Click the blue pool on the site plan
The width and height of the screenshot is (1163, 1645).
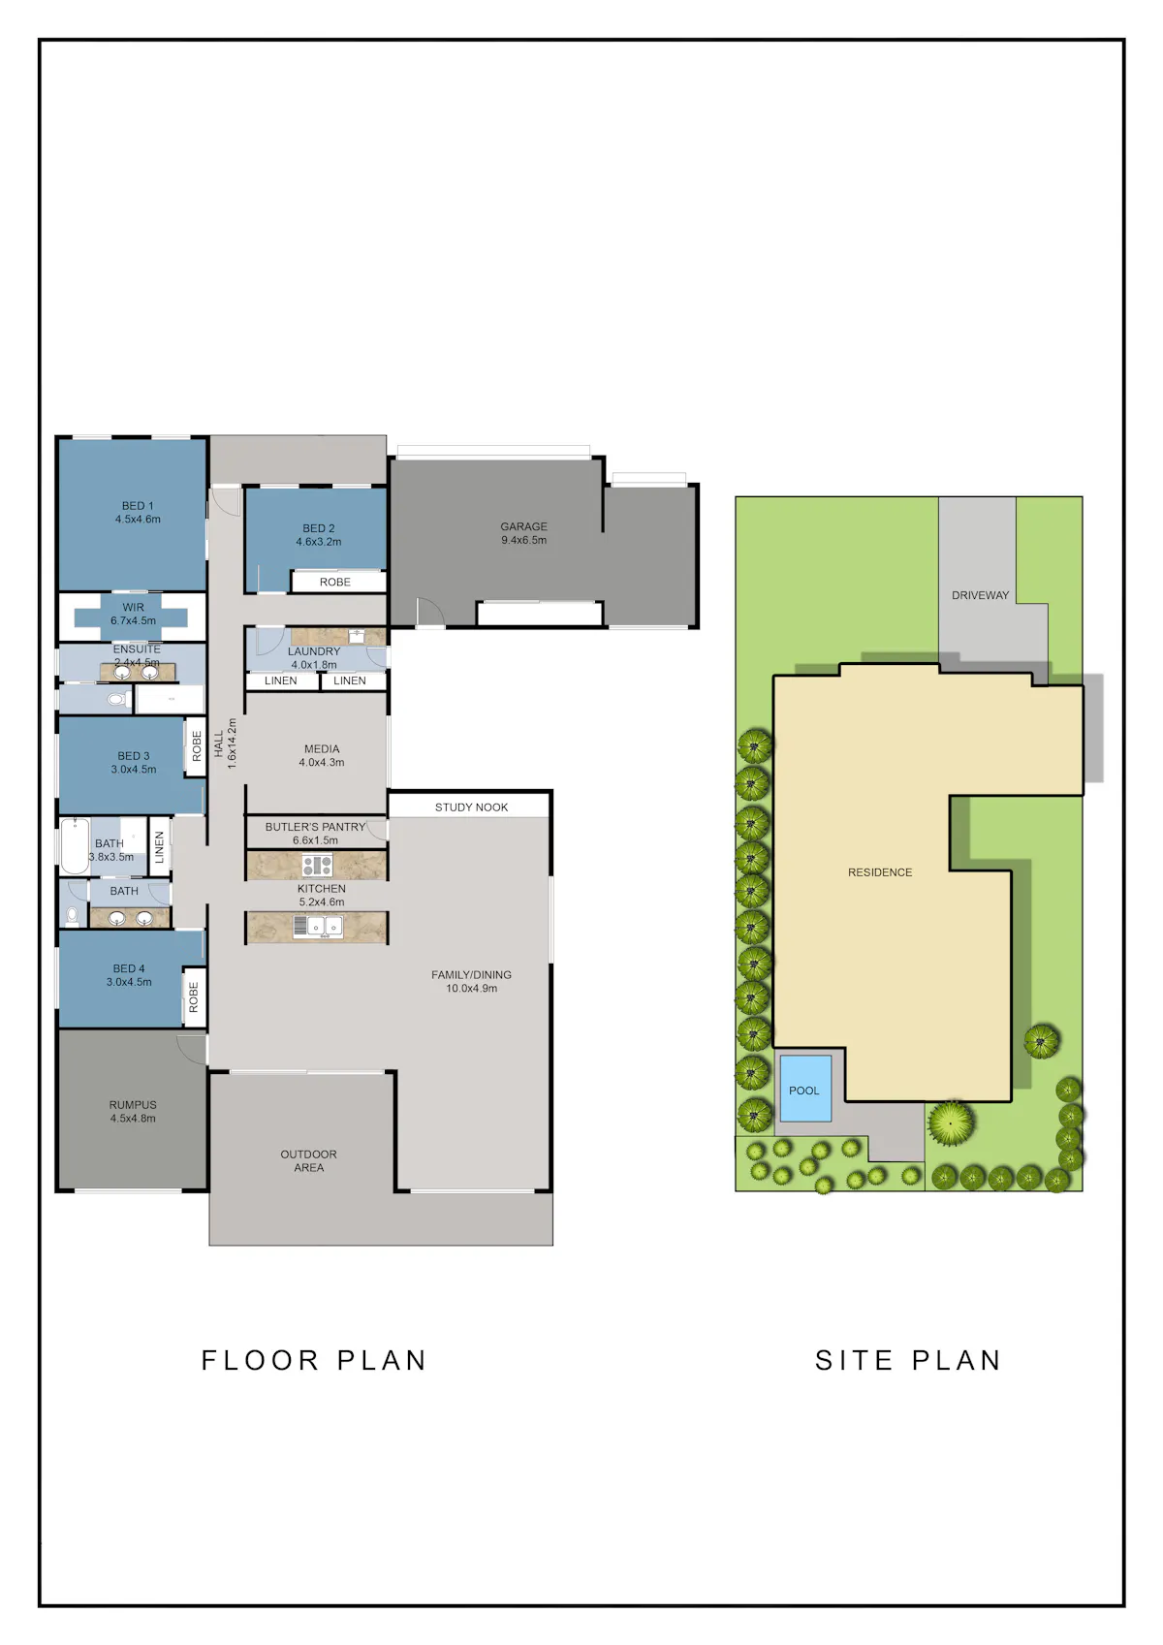click(x=804, y=1089)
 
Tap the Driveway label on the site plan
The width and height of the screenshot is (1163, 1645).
click(x=980, y=595)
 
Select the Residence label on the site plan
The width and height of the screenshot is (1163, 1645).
click(x=880, y=872)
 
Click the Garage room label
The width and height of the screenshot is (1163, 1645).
click(x=523, y=526)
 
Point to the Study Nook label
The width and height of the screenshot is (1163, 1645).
click(x=471, y=807)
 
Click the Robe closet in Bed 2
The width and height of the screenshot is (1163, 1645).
click(x=338, y=582)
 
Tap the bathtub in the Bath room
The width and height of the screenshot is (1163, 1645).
click(x=75, y=846)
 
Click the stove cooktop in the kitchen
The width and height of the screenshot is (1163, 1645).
click(x=317, y=866)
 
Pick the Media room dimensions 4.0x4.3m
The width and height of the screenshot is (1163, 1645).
click(x=322, y=762)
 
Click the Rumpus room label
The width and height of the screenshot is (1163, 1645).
click(x=133, y=1104)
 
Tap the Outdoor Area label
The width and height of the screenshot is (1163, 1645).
click(x=308, y=1160)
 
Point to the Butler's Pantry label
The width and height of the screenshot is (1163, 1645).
click(x=315, y=827)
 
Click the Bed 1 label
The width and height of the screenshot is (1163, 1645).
click(x=138, y=506)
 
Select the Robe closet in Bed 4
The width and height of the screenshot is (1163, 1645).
click(x=194, y=997)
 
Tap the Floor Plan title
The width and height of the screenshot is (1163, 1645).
click(x=314, y=1361)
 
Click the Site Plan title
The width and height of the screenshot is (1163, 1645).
click(x=909, y=1361)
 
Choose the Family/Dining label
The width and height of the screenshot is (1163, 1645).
click(x=471, y=974)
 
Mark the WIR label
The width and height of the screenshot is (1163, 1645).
click(x=134, y=608)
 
